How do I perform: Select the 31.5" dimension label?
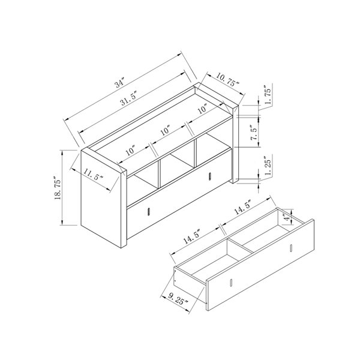pyautogui.click(x=129, y=98)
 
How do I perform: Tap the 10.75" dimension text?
pyautogui.click(x=228, y=80)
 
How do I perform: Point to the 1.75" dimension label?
pyautogui.click(x=268, y=95)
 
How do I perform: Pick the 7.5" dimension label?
pyautogui.click(x=254, y=133)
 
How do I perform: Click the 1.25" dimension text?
pyautogui.click(x=268, y=166)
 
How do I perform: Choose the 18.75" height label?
pyautogui.click(x=58, y=188)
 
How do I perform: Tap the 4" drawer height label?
pyautogui.click(x=286, y=217)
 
